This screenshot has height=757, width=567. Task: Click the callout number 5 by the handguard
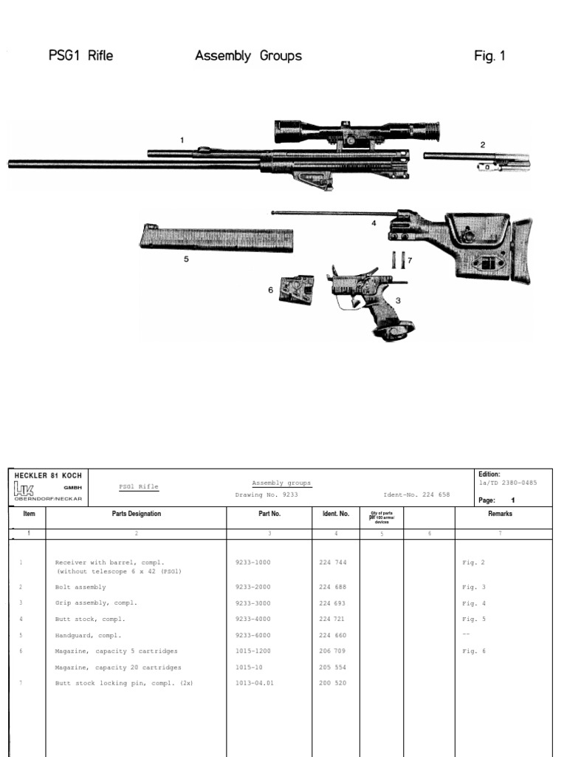click(x=186, y=259)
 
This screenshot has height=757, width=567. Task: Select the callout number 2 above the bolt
click(x=483, y=145)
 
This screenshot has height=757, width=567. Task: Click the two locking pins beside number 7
click(x=399, y=260)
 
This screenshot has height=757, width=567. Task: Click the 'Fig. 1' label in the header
click(x=490, y=56)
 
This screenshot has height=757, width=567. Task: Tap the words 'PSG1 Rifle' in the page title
click(x=81, y=56)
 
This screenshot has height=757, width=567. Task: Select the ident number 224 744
click(x=334, y=563)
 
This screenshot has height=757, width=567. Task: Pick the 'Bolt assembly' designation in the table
click(x=81, y=587)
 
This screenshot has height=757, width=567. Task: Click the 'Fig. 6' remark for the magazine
click(x=474, y=651)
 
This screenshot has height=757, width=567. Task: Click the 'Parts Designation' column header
click(x=136, y=514)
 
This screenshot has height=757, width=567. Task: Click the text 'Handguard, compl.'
click(x=89, y=635)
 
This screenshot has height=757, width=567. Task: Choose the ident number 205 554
click(x=334, y=668)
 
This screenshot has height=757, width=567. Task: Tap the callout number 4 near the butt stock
click(x=374, y=223)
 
